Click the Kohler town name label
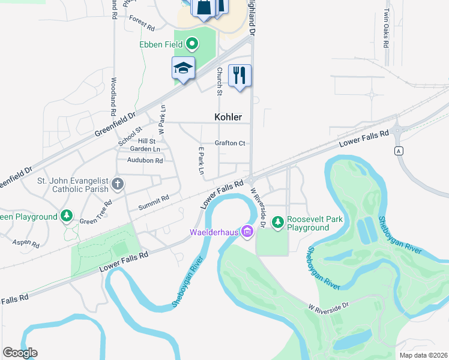228,117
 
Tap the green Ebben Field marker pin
192,43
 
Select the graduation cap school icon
183,69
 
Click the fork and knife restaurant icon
240,76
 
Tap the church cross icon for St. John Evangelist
118,184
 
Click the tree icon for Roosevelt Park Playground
277,223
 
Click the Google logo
20,353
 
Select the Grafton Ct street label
231,143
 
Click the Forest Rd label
142,28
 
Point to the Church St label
219,83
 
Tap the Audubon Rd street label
145,160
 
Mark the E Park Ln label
201,161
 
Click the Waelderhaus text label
214,232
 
